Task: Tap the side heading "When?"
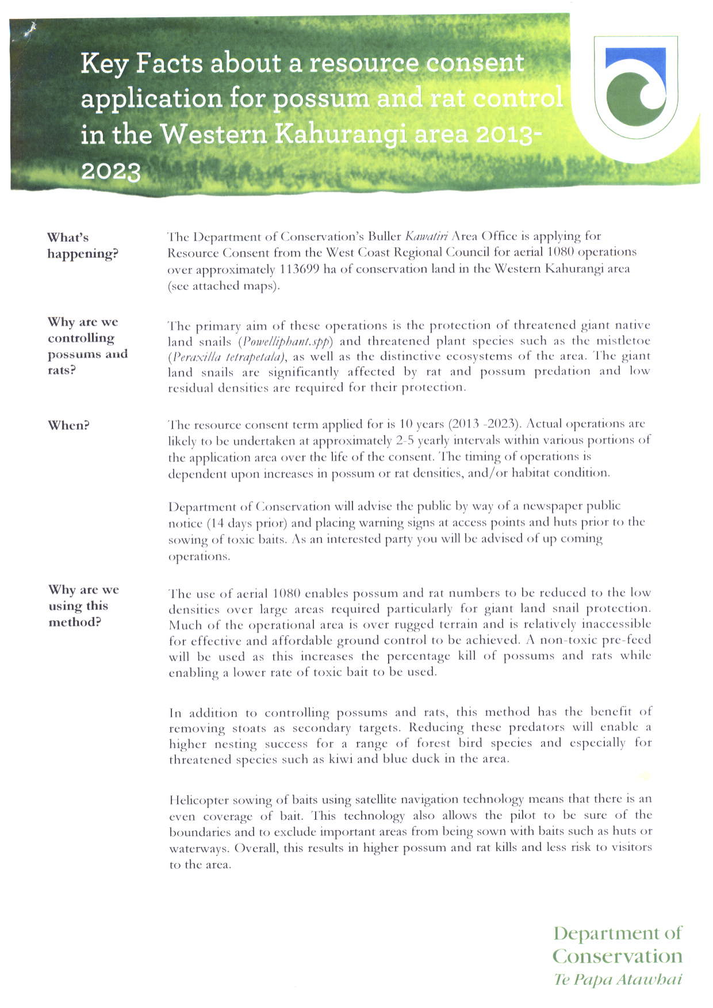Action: click(68, 425)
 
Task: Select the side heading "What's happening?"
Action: click(82, 246)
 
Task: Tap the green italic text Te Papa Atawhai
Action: click(618, 979)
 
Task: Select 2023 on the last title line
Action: click(111, 171)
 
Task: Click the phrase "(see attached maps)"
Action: click(223, 285)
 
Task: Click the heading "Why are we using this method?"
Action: click(84, 606)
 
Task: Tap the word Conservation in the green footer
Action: click(617, 956)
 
